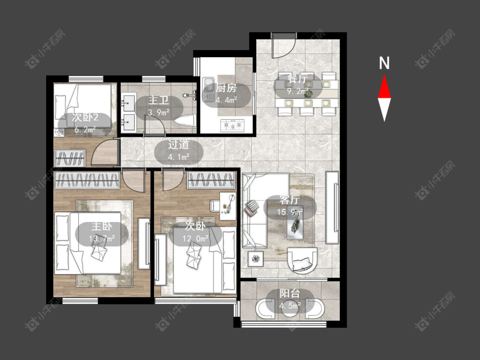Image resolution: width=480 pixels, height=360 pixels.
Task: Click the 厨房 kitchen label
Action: point(226,88)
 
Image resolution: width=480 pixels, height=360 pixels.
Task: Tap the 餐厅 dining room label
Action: point(297,79)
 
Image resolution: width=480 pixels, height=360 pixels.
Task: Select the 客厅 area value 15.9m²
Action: point(290,212)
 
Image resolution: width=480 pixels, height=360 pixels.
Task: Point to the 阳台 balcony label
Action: point(290,293)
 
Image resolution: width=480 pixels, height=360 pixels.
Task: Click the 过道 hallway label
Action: point(178,145)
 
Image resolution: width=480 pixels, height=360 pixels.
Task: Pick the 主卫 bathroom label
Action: point(158,100)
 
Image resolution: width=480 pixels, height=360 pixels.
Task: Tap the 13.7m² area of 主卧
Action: point(102,238)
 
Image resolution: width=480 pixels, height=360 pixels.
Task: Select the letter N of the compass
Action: point(384,63)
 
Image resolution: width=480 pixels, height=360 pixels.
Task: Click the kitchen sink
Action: point(209,90)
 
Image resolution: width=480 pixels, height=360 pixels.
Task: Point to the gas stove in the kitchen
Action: point(233,125)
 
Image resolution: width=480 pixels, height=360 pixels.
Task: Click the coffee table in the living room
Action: point(295,223)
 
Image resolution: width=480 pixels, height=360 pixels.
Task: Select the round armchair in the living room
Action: point(303,260)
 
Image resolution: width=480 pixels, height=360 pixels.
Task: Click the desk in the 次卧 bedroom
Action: point(228,206)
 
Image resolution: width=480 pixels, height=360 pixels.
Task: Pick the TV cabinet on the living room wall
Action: point(332,208)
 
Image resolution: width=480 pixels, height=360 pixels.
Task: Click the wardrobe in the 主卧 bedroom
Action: point(87,180)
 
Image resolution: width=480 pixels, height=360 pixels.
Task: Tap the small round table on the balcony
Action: point(290,308)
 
